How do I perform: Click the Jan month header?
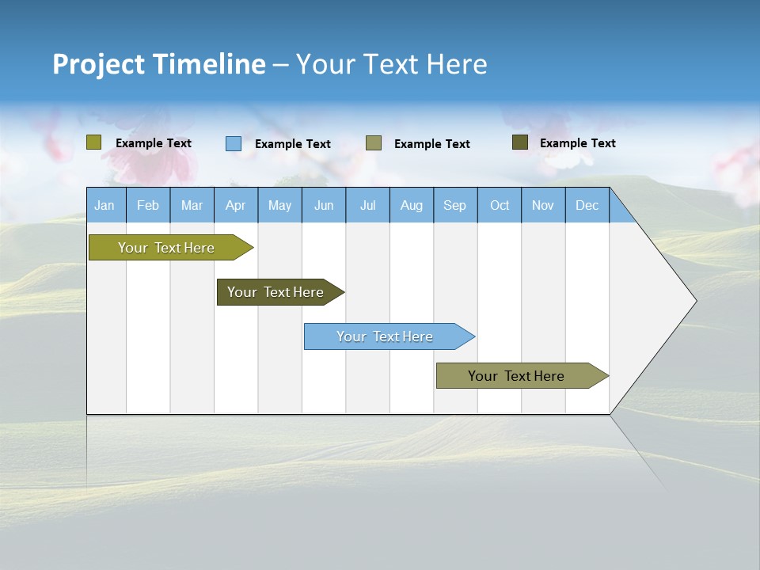tap(105, 205)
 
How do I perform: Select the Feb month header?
tap(148, 205)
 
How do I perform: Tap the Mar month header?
tap(192, 205)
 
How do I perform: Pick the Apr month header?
tap(236, 205)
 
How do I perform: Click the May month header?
tap(279, 205)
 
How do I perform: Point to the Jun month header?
tap(324, 205)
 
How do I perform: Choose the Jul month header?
tap(367, 205)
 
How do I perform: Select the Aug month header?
tap(412, 205)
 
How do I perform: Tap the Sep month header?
tap(455, 205)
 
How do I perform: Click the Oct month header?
tap(500, 205)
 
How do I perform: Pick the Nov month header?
tap(543, 205)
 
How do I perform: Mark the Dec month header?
tap(587, 205)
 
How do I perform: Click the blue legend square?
tap(234, 143)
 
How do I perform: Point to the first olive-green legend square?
tap(94, 142)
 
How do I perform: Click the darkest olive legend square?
tap(520, 142)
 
